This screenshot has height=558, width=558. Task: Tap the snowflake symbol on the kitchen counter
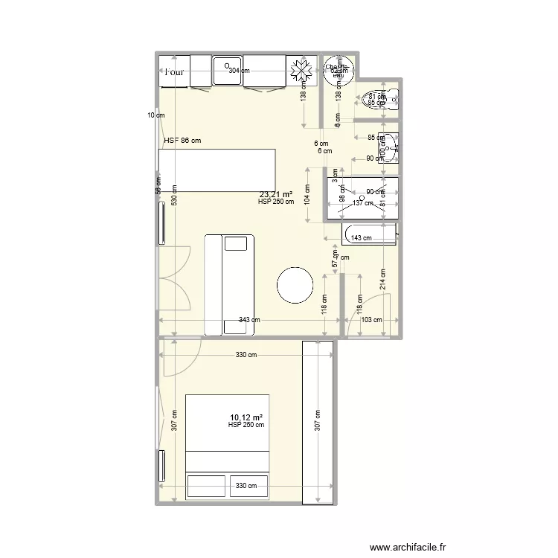[302, 71]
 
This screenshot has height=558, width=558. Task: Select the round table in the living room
[295, 283]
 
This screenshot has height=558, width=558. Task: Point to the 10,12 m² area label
[247, 417]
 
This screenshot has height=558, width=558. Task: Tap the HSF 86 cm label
[182, 140]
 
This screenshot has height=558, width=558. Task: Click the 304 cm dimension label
[239, 71]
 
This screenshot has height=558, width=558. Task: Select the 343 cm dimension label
[249, 320]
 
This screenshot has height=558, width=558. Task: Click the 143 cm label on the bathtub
[361, 238]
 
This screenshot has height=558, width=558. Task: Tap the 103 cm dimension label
[371, 320]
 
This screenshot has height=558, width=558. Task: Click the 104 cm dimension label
[307, 195]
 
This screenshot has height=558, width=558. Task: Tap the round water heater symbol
[339, 69]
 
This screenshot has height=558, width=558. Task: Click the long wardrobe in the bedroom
[318, 422]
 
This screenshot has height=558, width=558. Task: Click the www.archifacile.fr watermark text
[408, 547]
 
